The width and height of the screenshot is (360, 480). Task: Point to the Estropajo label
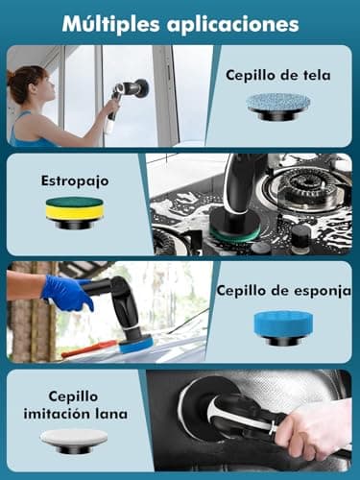pyautogui.click(x=74, y=179)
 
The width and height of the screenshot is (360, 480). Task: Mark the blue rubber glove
pyautogui.click(x=67, y=294)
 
